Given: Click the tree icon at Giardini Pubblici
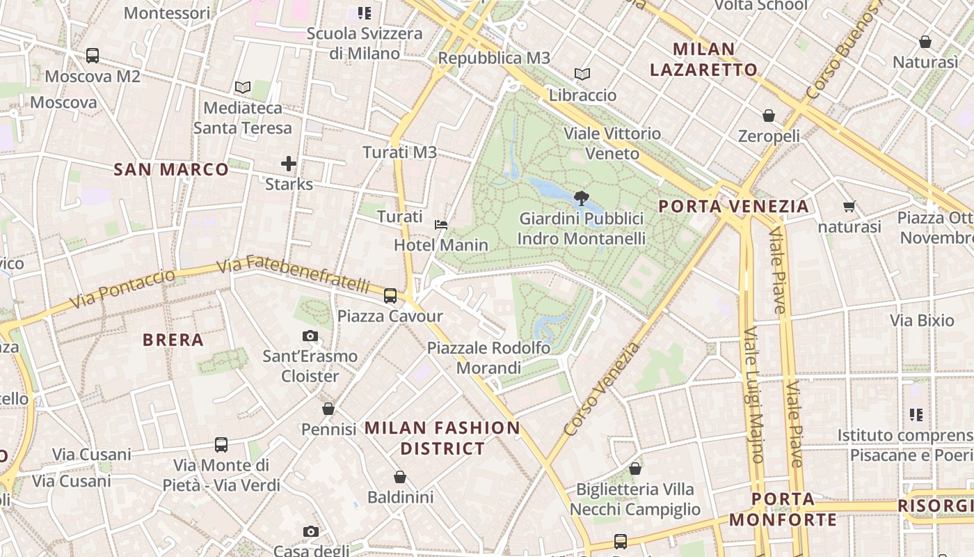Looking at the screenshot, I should (x=582, y=198).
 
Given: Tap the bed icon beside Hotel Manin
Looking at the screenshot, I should (x=440, y=224).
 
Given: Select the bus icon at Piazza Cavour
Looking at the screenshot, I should (x=390, y=296).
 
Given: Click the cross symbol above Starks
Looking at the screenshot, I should (x=289, y=164).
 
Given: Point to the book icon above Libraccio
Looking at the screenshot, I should (x=582, y=74).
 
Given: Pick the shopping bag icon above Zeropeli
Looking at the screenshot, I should (x=769, y=116).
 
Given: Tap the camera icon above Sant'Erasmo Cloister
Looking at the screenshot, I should (x=310, y=336).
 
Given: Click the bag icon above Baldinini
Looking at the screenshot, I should (x=400, y=477).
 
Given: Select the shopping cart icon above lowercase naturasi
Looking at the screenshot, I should (x=849, y=206).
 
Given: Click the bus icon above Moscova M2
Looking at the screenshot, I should (x=93, y=56).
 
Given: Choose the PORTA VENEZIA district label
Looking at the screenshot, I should (x=733, y=206).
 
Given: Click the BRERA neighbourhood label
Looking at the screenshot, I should (x=173, y=340).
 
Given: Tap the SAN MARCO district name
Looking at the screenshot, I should (x=171, y=169).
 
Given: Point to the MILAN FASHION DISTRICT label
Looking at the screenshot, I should (x=442, y=438).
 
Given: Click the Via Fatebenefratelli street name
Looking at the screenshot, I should (x=293, y=274).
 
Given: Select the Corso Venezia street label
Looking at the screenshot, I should (x=602, y=389).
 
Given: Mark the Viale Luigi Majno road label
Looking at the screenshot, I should (x=753, y=395).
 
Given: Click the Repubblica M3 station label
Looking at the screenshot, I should (x=494, y=58).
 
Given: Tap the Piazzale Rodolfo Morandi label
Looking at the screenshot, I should (x=488, y=358).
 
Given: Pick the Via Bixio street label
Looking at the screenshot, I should (x=923, y=321).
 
